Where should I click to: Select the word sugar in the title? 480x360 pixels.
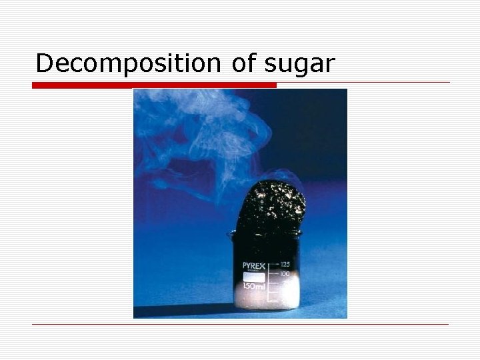(x=300, y=64)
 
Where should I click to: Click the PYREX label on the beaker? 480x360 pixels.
(x=254, y=266)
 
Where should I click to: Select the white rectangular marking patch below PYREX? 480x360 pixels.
(x=254, y=275)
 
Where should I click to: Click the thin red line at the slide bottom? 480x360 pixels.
(x=240, y=325)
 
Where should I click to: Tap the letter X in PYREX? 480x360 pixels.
(x=263, y=266)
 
